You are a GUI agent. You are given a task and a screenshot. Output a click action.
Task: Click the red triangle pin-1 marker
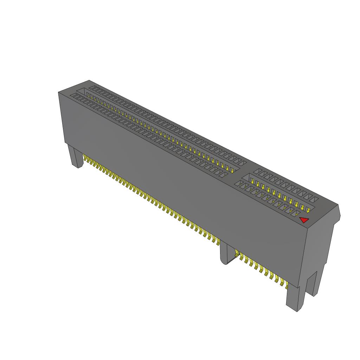click(x=304, y=220)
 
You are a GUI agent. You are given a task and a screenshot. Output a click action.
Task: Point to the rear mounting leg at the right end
click(x=313, y=283)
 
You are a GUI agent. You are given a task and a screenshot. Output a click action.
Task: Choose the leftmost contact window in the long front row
click(x=73, y=95)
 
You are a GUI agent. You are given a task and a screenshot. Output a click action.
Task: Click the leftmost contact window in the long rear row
click(x=92, y=88)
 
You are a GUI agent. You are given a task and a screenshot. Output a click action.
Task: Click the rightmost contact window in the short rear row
click(x=315, y=200)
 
